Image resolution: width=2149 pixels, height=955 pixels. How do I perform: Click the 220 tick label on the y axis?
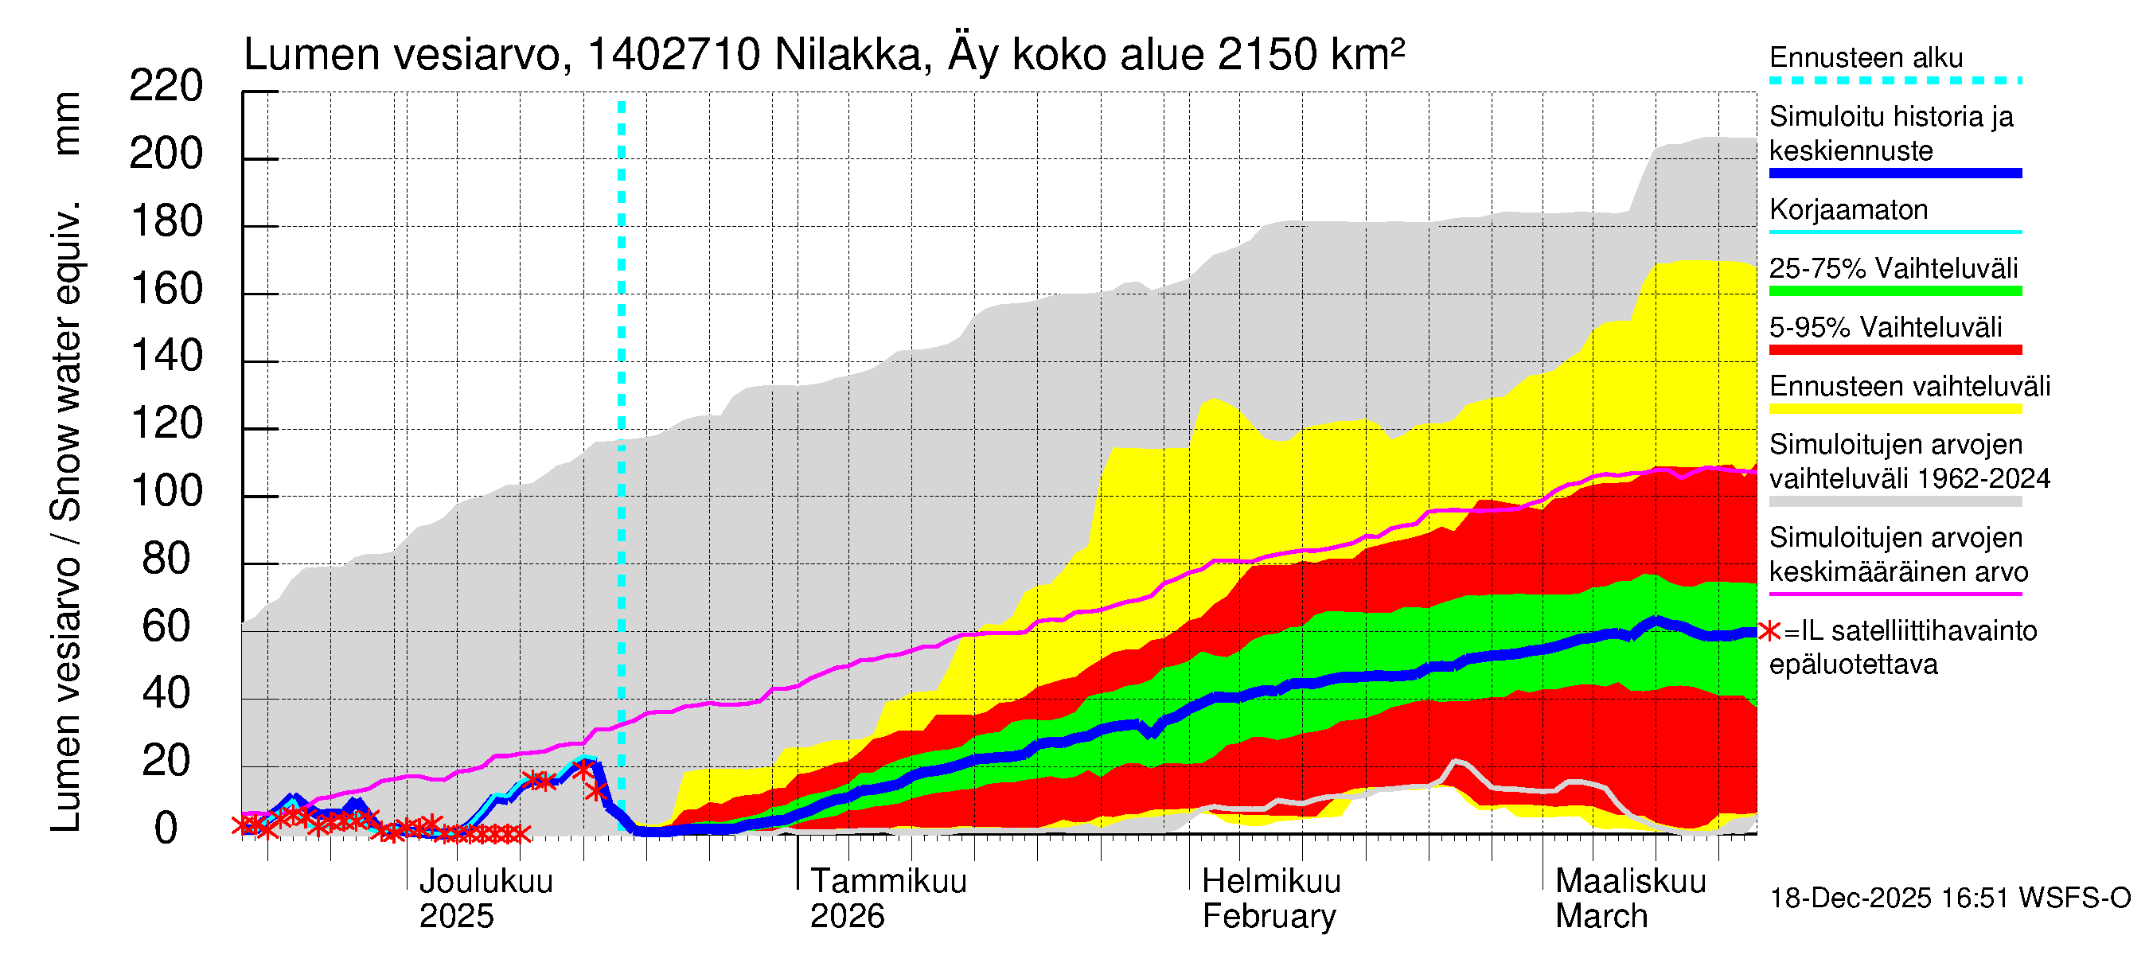click(x=166, y=87)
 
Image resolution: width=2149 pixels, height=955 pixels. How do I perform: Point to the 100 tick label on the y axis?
click(x=167, y=491)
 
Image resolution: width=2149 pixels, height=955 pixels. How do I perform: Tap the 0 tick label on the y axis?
click(x=166, y=828)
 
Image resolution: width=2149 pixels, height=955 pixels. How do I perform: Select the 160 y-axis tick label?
click(x=167, y=290)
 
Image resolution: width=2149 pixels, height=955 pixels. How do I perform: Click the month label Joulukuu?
click(x=486, y=882)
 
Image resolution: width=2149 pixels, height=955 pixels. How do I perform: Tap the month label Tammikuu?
click(x=888, y=882)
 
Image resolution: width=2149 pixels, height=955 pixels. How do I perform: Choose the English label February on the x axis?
click(x=1269, y=917)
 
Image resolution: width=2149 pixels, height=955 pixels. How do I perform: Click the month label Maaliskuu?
click(x=1630, y=882)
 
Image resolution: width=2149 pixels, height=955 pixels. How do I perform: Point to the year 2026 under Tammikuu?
click(x=847, y=917)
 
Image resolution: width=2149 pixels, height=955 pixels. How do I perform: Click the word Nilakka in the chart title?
click(x=847, y=55)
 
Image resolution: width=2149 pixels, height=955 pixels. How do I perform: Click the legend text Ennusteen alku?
click(x=1866, y=57)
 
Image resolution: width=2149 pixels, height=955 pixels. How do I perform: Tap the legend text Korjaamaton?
click(x=1849, y=209)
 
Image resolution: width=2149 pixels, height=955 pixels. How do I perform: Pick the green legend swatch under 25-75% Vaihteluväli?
click(x=1895, y=291)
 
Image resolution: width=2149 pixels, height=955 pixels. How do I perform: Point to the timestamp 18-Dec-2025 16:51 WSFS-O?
click(x=1949, y=898)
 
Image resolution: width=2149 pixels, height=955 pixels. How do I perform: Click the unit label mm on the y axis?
click(x=67, y=123)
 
